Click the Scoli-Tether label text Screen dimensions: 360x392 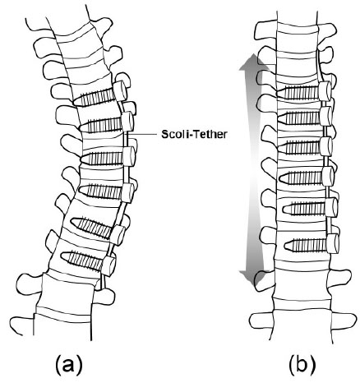(194, 134)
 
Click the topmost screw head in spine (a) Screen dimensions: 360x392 (120, 90)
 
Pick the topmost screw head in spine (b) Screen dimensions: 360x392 (325, 91)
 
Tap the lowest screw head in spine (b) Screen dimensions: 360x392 (333, 243)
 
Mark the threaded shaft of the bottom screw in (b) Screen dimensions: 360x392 (306, 245)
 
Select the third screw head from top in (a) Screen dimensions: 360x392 (129, 156)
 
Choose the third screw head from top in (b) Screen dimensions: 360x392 (326, 146)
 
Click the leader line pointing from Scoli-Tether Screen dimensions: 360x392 (142, 134)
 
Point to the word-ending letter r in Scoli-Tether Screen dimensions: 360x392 (224, 135)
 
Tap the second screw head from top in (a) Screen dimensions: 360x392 (127, 122)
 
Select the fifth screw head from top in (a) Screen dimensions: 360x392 (118, 235)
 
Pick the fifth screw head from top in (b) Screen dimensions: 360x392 (331, 207)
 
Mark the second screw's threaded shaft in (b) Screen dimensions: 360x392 (298, 118)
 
